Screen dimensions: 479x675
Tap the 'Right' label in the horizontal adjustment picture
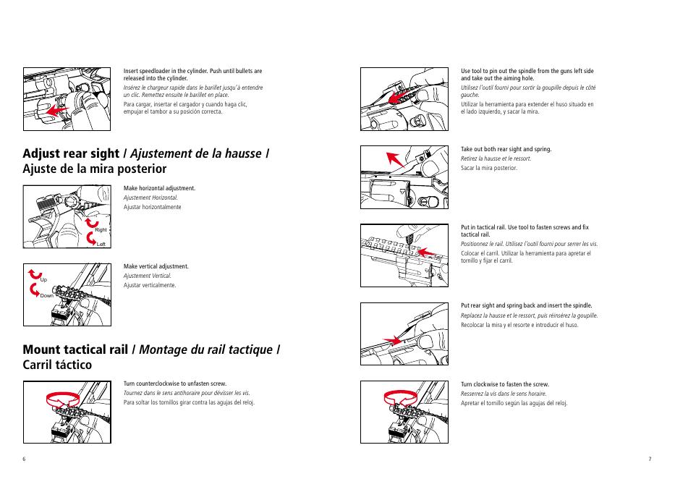pos(101,229)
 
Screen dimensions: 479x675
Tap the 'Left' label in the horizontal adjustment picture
pos(101,244)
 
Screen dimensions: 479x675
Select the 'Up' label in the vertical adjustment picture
pos(44,279)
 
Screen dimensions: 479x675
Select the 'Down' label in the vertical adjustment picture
pos(48,296)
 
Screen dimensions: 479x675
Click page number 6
pos(24,459)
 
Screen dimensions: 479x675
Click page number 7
pos(650,459)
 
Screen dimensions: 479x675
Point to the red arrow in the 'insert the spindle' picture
pos(391,339)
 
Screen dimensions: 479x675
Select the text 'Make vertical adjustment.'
pos(156,266)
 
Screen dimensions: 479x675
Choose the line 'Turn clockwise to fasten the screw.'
pos(504,384)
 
